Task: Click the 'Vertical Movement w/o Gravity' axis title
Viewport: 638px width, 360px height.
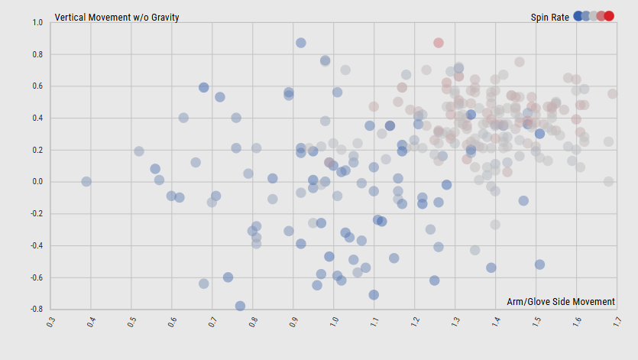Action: click(117, 17)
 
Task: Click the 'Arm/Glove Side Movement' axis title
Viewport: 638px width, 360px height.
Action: click(560, 302)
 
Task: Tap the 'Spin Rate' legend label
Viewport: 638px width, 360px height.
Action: click(549, 17)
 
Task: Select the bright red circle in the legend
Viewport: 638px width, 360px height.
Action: click(609, 16)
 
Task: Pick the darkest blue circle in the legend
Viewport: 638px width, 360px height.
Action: click(578, 16)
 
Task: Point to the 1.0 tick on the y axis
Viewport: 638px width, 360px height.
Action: click(37, 23)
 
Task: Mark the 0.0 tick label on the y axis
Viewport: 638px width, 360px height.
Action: click(37, 182)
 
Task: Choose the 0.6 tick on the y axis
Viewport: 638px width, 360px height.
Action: click(37, 86)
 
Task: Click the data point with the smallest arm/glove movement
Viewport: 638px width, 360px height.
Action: click(86, 181)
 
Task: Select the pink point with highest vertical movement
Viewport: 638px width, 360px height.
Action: click(439, 43)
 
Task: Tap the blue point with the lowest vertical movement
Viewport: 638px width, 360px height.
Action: click(240, 306)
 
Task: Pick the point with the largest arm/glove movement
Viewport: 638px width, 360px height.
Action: click(613, 94)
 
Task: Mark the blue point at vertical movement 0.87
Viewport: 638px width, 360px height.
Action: click(301, 43)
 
